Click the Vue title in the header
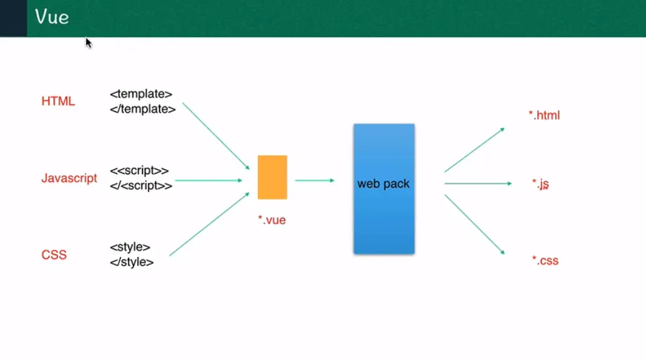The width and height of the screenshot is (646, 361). coord(52,17)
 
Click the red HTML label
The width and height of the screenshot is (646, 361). coord(58,101)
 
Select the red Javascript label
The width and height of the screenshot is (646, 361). coord(69,178)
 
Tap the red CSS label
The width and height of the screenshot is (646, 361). coord(54,255)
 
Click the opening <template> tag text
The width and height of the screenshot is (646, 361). coord(141,94)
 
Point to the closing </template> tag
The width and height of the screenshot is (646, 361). coord(143,109)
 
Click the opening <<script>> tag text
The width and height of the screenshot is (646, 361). coord(139,171)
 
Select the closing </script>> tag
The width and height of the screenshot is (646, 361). coord(141,185)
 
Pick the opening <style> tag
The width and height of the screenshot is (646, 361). coord(130,247)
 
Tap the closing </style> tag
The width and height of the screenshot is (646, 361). coord(132,262)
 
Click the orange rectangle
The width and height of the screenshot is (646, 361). coord(272,177)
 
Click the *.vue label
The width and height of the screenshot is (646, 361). coord(272,221)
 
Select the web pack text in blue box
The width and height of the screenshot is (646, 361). coord(384,184)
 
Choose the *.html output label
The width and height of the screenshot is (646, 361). coord(544,116)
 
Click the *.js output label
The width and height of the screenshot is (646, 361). coord(541,184)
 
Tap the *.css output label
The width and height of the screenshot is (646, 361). coord(545,261)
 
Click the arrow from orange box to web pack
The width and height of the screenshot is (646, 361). coord(315,180)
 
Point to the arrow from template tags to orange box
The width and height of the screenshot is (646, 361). coord(216,135)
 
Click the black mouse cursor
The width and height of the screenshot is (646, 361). coord(89,43)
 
